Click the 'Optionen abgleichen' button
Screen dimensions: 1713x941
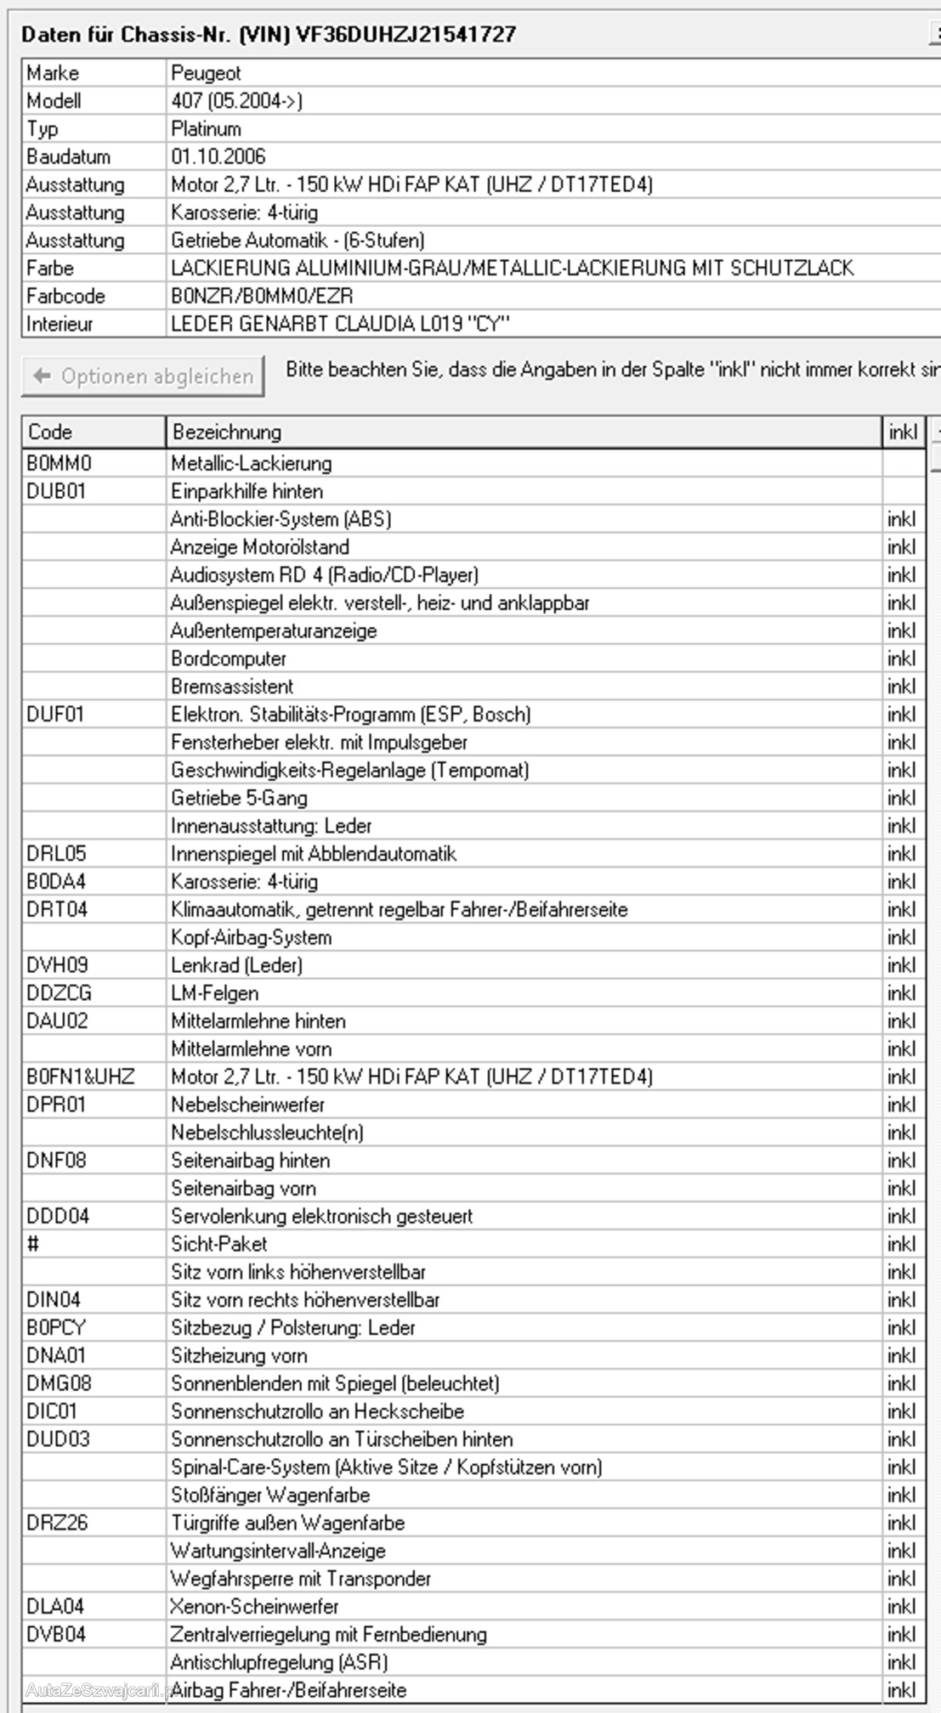[x=143, y=376]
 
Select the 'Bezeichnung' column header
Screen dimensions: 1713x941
[x=226, y=432]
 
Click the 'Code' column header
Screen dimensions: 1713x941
[x=50, y=432]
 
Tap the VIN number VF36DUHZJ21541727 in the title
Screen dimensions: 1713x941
[x=405, y=35]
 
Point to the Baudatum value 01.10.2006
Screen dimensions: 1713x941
[x=218, y=156]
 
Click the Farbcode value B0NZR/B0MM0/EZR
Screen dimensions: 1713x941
[x=262, y=296]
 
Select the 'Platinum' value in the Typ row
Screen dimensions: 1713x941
[x=207, y=128]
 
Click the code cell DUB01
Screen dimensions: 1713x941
[x=56, y=491]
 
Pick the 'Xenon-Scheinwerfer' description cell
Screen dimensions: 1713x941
[x=255, y=1606]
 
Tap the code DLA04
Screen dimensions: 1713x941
[x=55, y=1606]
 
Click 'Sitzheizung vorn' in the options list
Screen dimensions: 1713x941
[x=239, y=1355]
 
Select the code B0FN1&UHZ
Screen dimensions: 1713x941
[x=81, y=1077]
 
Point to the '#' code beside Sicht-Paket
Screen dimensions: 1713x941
[x=33, y=1244]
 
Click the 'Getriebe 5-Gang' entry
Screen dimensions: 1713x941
[x=239, y=798]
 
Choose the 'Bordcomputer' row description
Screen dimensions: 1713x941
[x=229, y=659]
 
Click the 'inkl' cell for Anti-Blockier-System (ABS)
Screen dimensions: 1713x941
[x=901, y=519]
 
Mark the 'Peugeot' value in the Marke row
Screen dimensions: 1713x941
[x=207, y=73]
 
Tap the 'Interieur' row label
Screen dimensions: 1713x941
[x=60, y=324]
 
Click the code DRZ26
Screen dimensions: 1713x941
[x=57, y=1523]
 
